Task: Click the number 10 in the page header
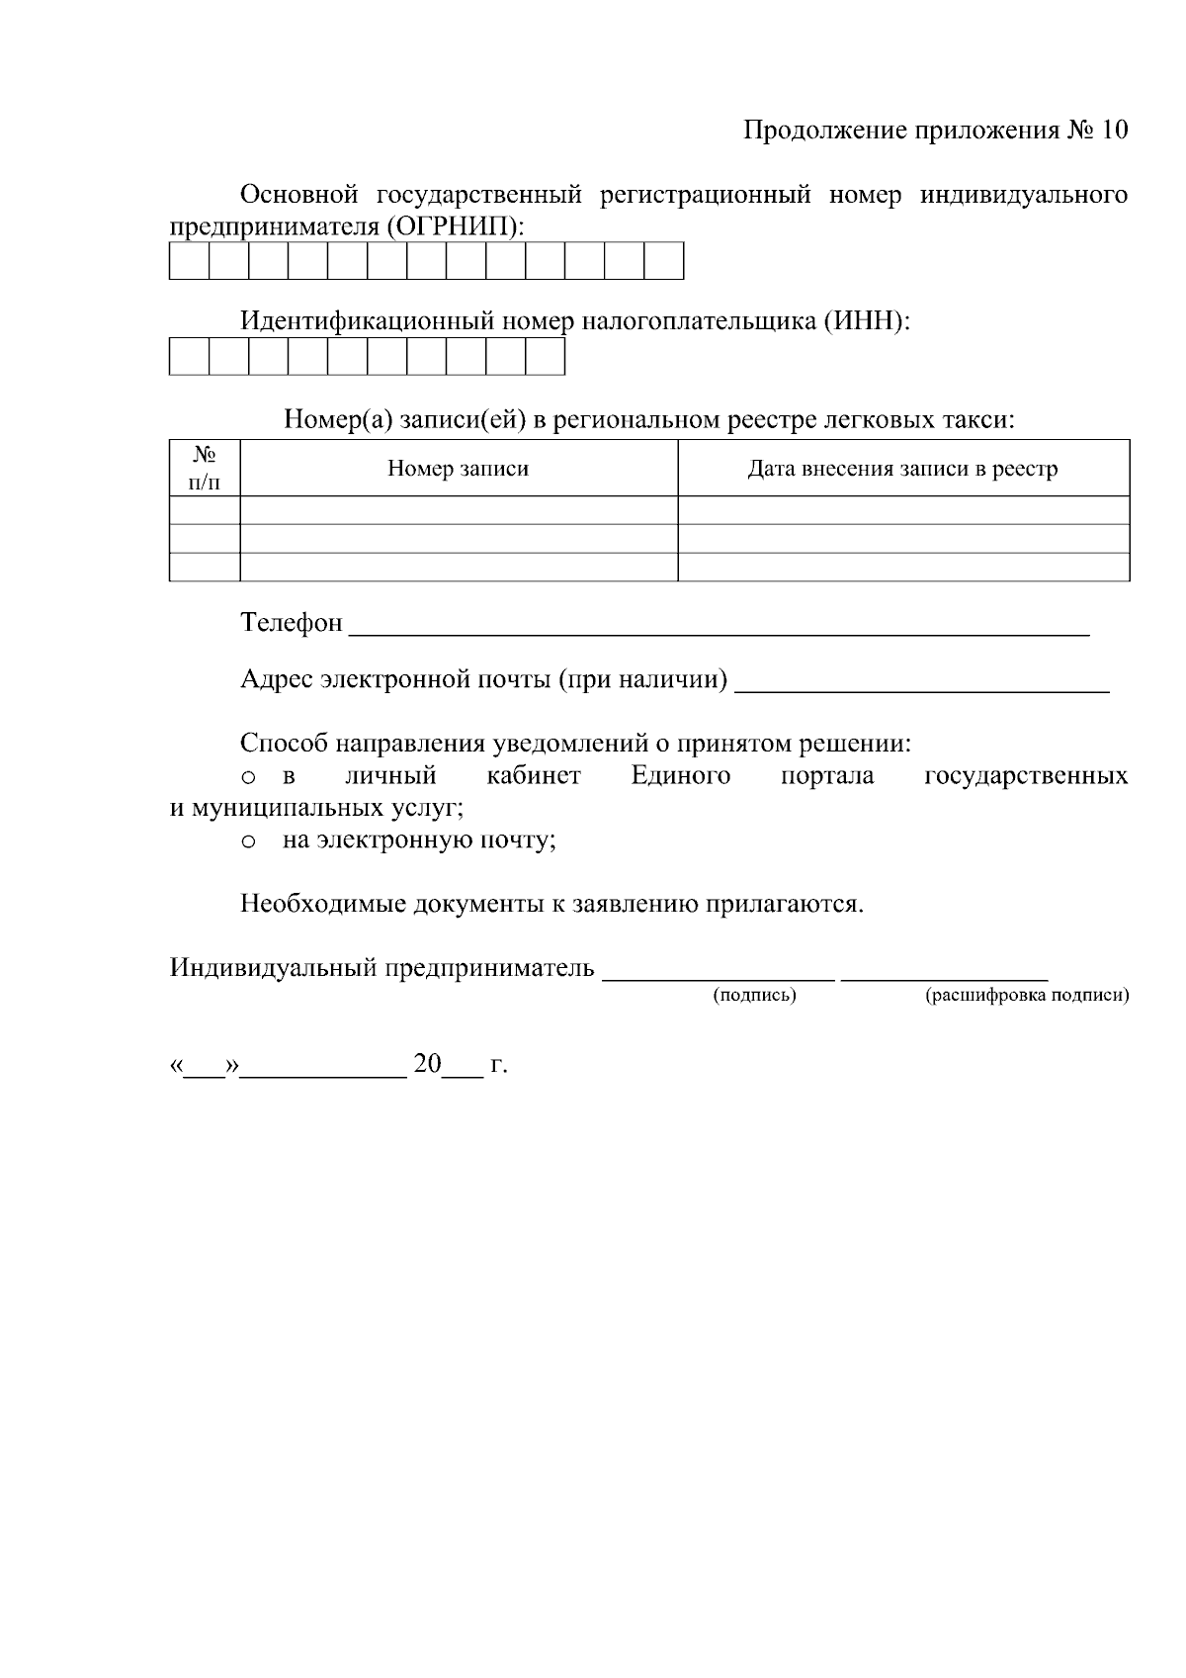(1112, 131)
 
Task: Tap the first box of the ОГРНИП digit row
(189, 261)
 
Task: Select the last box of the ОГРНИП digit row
(663, 261)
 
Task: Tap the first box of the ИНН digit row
(189, 357)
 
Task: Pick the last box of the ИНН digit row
(545, 357)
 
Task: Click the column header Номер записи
(458, 469)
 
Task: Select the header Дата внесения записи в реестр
(902, 469)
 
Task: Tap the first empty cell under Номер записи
(458, 510)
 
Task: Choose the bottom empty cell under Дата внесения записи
(902, 567)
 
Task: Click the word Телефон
(292, 623)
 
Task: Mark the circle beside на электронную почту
(249, 842)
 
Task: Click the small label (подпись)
(755, 996)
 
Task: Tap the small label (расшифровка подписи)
(1026, 996)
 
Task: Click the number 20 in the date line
(427, 1065)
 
